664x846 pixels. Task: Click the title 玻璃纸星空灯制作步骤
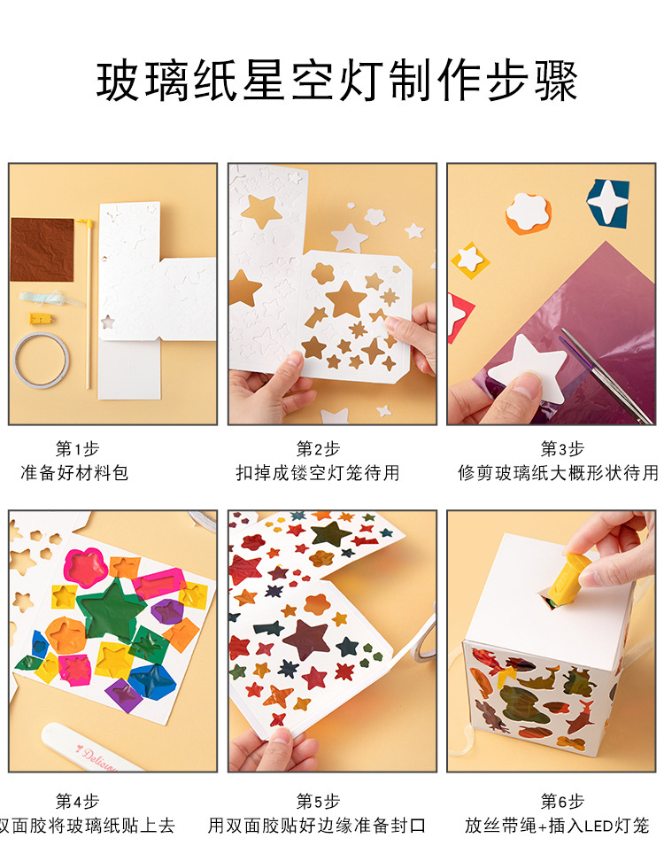coord(336,81)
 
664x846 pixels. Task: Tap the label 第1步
coord(75,449)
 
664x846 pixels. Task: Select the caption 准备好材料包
coord(75,473)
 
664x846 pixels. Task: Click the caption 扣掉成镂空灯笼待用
coord(318,473)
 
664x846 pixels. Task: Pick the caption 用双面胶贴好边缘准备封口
coord(318,826)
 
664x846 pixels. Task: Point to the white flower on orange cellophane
coord(529,213)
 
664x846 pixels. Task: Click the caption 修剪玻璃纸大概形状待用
coord(558,473)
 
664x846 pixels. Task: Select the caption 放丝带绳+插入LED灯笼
coord(558,826)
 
